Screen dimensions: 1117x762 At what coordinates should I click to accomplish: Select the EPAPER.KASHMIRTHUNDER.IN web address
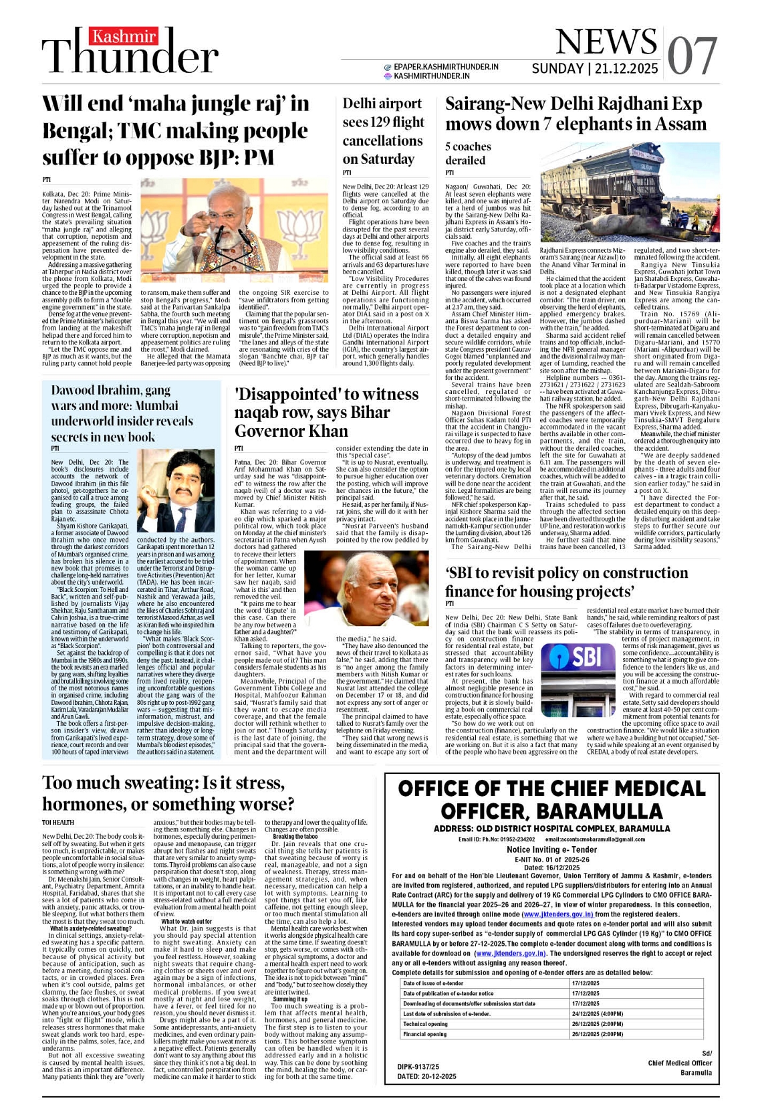click(446, 67)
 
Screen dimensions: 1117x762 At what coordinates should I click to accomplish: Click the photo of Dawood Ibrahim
click(176, 491)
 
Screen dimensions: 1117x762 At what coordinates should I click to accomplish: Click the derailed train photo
click(630, 193)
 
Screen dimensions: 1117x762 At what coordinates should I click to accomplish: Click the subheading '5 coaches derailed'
click(468, 153)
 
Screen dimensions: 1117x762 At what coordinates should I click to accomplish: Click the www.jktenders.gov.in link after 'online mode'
click(557, 914)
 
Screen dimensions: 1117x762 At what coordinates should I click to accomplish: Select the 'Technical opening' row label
click(426, 1024)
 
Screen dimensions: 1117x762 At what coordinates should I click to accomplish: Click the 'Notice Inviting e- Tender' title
click(551, 849)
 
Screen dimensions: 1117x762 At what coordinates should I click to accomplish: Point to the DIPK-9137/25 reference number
click(418, 1067)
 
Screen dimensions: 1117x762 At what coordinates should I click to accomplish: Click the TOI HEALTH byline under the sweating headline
click(58, 823)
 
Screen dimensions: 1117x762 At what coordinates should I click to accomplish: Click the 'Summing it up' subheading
click(290, 999)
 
